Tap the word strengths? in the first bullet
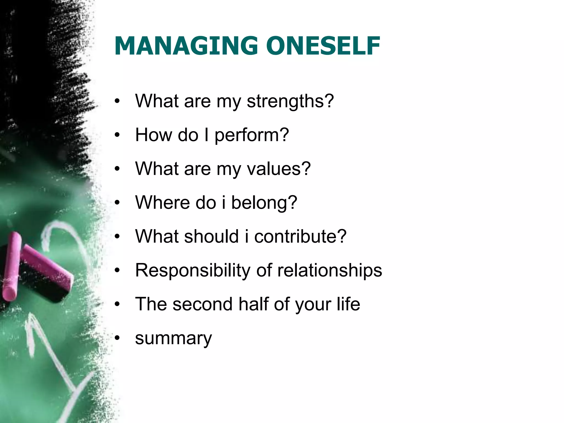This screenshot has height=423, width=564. [290, 101]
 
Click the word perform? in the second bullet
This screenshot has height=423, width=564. [252, 135]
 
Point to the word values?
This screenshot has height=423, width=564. [279, 169]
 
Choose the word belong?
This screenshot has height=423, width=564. [264, 203]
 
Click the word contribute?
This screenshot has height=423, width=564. [300, 237]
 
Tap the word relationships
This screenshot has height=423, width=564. [330, 270]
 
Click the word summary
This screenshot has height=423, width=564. [173, 338]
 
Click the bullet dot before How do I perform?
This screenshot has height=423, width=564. [118, 135]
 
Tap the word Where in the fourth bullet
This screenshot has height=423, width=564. [162, 203]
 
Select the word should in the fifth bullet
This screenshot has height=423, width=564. [211, 237]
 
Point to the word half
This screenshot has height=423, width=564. [254, 304]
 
